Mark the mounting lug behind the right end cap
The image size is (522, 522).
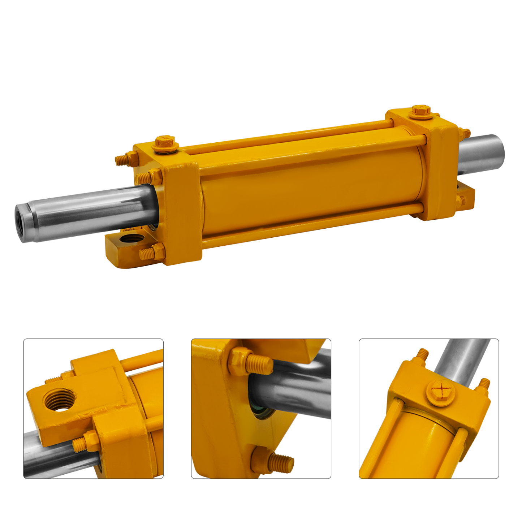click(x=466, y=197)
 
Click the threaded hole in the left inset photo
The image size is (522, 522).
click(x=60, y=399)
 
